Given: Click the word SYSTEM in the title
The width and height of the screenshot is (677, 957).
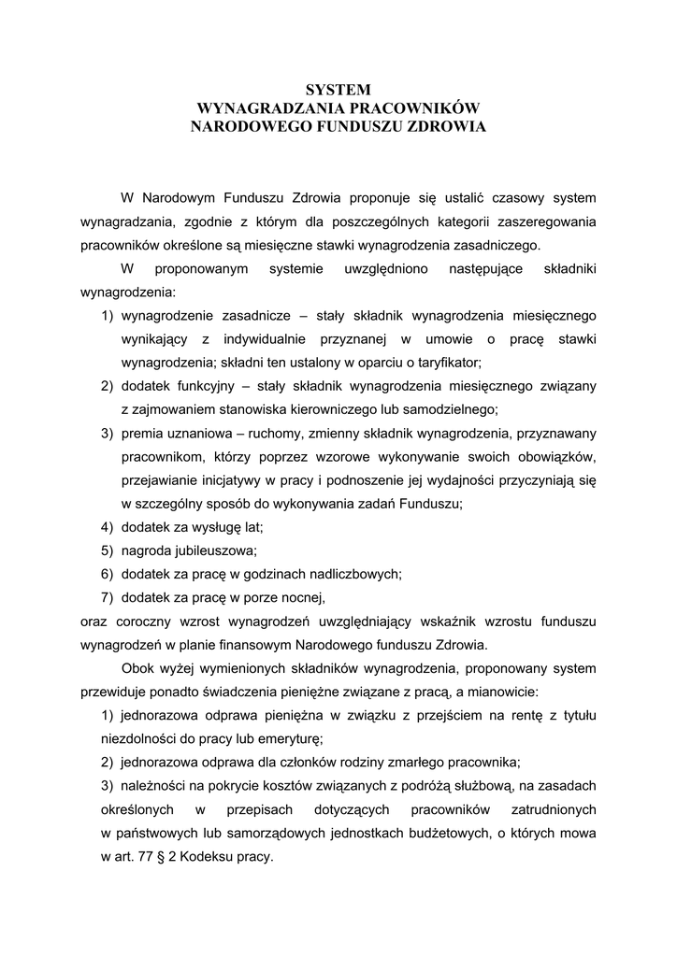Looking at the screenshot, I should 338,90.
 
